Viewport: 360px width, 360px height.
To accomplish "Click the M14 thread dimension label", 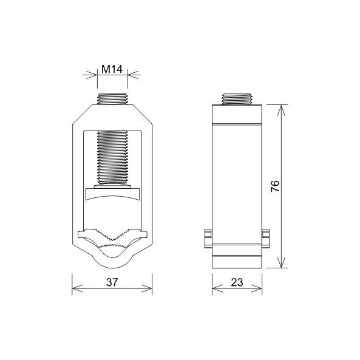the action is pyautogui.click(x=112, y=69).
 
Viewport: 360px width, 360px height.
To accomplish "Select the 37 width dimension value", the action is pyautogui.click(x=112, y=282).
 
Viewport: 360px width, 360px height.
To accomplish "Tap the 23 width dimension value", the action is pyautogui.click(x=237, y=282).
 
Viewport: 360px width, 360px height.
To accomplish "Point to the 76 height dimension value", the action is pyautogui.click(x=275, y=186).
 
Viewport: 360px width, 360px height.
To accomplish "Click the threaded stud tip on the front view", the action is pyautogui.click(x=112, y=99).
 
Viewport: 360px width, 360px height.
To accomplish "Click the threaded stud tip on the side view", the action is pyautogui.click(x=237, y=99).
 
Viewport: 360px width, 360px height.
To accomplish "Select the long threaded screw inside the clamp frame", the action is pyautogui.click(x=112, y=157).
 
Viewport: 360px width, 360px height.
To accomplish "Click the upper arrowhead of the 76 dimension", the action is pyautogui.click(x=281, y=110).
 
